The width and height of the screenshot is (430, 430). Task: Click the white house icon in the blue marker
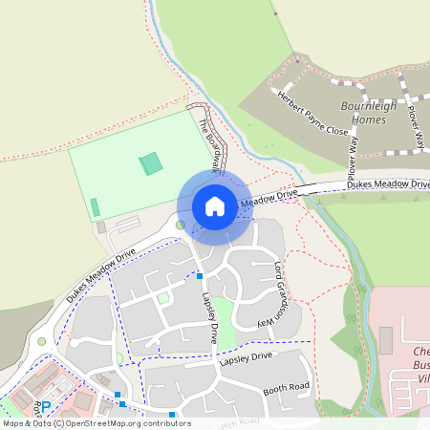[x=214, y=205]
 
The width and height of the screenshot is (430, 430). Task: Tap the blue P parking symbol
[x=44, y=406]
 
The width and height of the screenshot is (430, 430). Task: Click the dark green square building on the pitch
[x=151, y=163]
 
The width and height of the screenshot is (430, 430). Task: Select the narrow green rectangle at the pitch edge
[x=95, y=206]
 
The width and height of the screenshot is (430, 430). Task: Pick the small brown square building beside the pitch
[x=101, y=227]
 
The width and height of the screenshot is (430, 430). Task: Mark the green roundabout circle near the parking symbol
[x=41, y=341]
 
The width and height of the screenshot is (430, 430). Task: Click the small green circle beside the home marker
[x=180, y=226]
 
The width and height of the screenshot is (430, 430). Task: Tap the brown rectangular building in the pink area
[x=385, y=339]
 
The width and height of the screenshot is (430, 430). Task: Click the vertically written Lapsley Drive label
[x=207, y=316]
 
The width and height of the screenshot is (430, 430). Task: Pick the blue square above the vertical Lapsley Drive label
[x=199, y=276]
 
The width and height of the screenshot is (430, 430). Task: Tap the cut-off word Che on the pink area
[x=420, y=352]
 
